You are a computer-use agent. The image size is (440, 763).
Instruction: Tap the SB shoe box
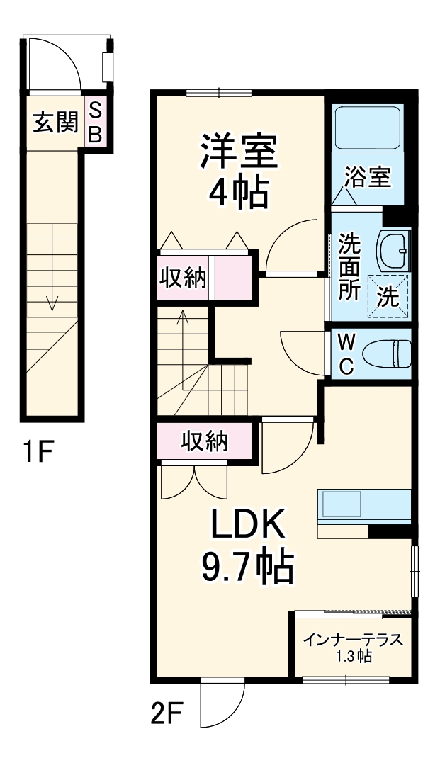pos(95,122)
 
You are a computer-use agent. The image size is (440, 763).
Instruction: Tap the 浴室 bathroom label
pos(367,176)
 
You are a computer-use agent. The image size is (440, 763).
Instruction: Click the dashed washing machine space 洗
pos(388,297)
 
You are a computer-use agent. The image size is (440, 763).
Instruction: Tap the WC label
pos(346,354)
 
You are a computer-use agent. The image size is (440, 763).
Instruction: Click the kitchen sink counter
pos(364,504)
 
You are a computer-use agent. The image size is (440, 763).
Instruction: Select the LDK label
pos(246,526)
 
